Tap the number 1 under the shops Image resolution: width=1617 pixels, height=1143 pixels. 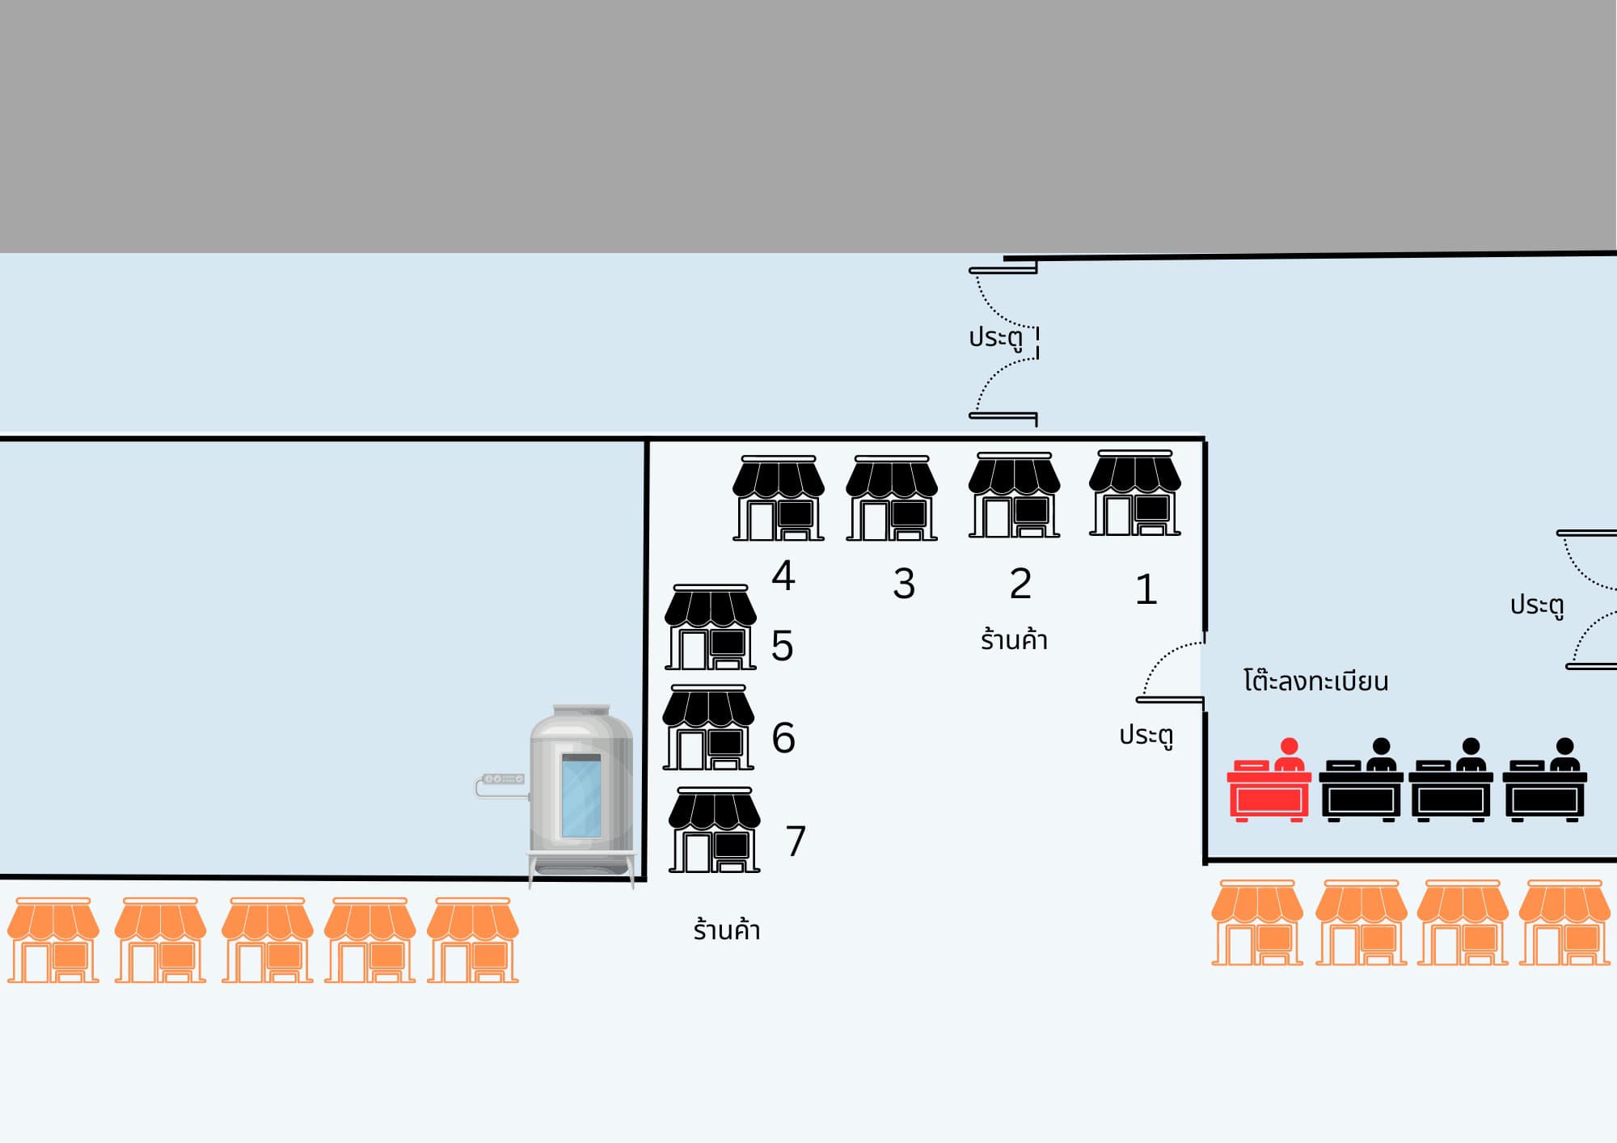click(x=1146, y=589)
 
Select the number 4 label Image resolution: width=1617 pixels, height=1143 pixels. click(x=783, y=576)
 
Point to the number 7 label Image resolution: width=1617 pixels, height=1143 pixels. click(x=796, y=841)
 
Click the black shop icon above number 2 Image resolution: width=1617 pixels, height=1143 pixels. click(x=1014, y=496)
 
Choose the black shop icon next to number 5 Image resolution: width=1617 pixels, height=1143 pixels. click(x=710, y=628)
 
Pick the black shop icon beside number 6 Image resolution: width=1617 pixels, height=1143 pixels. click(x=708, y=728)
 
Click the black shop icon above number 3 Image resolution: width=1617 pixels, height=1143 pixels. click(x=892, y=499)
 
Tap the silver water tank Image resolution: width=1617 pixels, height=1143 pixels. click(x=581, y=792)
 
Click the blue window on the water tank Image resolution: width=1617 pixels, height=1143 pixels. click(x=581, y=796)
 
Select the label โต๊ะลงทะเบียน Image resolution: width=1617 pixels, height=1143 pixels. click(x=1315, y=681)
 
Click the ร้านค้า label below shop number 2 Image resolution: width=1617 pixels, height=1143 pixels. click(x=1014, y=640)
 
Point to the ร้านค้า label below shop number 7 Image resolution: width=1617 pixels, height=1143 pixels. click(x=726, y=930)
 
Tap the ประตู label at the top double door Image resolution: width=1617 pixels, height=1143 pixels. click(x=995, y=337)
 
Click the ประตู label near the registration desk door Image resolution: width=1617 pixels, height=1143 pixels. click(x=1146, y=735)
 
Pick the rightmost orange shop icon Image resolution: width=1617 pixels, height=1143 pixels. click(x=1564, y=923)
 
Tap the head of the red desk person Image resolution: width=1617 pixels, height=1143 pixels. click(x=1290, y=746)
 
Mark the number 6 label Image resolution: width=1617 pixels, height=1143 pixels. click(x=783, y=738)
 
